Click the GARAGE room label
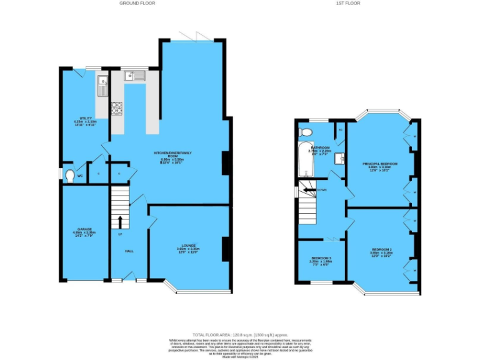(84, 229)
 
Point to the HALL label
(129, 251)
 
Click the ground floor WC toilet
(69, 174)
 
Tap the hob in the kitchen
(117, 109)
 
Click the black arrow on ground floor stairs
(119, 221)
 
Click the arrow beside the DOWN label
(310, 189)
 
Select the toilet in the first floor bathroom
(306, 132)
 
